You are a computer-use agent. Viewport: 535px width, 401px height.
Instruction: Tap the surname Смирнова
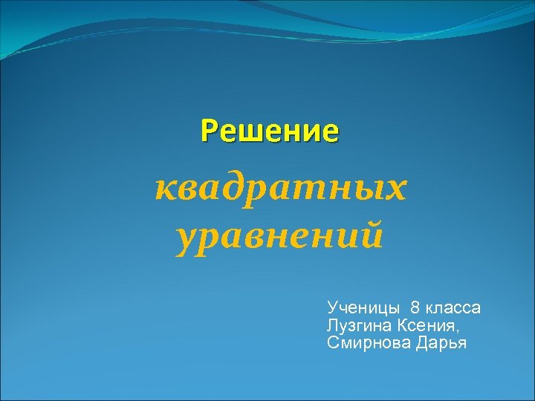[363, 343]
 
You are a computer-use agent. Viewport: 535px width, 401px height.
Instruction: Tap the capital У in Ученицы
[331, 307]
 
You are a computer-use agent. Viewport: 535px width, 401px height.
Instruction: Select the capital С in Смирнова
[331, 343]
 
